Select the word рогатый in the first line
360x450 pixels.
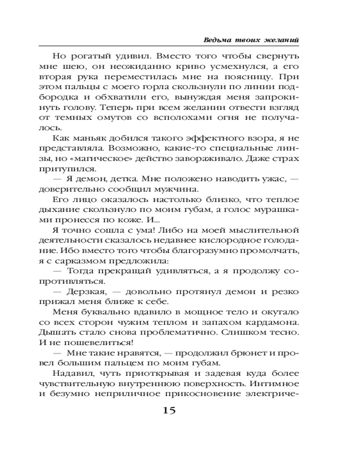pyautogui.click(x=89, y=57)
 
